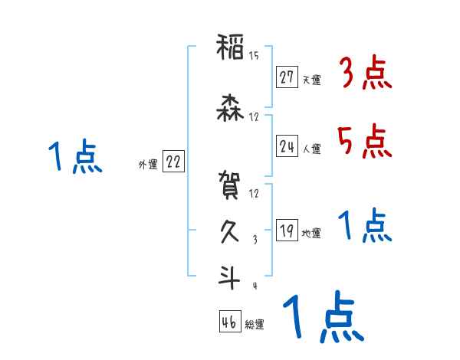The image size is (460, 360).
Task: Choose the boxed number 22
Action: point(173,162)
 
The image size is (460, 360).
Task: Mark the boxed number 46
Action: point(229,322)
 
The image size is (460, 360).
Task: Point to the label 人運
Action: point(311,149)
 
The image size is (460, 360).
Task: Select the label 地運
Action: point(311,233)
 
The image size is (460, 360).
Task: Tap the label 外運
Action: point(147,164)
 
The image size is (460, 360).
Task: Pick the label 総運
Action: point(255,324)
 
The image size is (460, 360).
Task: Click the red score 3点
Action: point(365,74)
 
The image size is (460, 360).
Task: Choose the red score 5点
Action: point(365,140)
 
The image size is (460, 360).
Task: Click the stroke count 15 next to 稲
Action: point(255,55)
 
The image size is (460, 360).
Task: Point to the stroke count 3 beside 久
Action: point(255,239)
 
